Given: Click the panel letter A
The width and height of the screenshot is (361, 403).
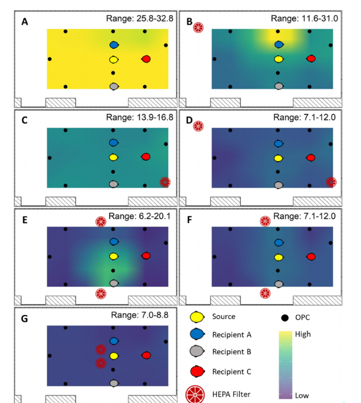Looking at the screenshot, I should (x=25, y=22).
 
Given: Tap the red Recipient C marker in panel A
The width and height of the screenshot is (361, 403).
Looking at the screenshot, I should (x=146, y=59).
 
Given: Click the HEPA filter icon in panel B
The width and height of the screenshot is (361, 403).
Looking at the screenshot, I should (x=198, y=27).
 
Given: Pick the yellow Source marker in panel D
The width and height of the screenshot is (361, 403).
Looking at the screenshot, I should (x=278, y=158).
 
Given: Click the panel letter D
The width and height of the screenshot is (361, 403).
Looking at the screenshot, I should (x=189, y=119).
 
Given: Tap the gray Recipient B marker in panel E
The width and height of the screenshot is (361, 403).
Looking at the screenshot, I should (x=114, y=283).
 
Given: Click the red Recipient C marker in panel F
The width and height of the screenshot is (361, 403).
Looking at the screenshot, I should (x=311, y=257).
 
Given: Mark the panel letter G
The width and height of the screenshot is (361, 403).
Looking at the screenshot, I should (x=25, y=319).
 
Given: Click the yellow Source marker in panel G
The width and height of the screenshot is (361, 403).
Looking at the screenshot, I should (x=114, y=356).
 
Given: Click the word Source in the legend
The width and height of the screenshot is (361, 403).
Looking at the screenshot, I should (x=223, y=317).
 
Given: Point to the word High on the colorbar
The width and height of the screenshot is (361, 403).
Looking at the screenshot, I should (x=303, y=334).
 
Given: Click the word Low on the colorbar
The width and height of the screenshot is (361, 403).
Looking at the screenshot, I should (x=302, y=395).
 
